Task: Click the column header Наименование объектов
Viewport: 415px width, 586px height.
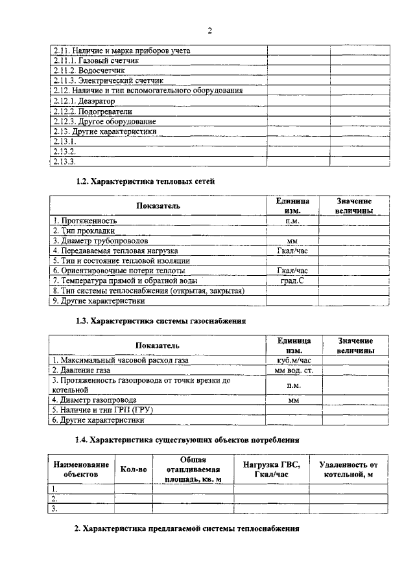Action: [x=81, y=469]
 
